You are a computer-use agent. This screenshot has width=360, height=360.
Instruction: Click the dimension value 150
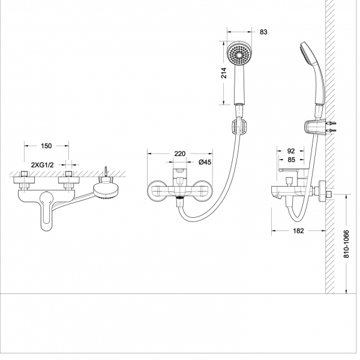pyautogui.click(x=47, y=146)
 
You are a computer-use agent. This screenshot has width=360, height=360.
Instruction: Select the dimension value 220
pyautogui.click(x=180, y=154)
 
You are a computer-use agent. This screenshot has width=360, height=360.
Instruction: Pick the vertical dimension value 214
pyautogui.click(x=224, y=73)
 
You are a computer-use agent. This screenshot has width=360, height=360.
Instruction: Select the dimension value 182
pyautogui.click(x=299, y=230)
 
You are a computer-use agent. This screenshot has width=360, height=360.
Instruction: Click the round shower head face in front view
pyautogui.click(x=239, y=55)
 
